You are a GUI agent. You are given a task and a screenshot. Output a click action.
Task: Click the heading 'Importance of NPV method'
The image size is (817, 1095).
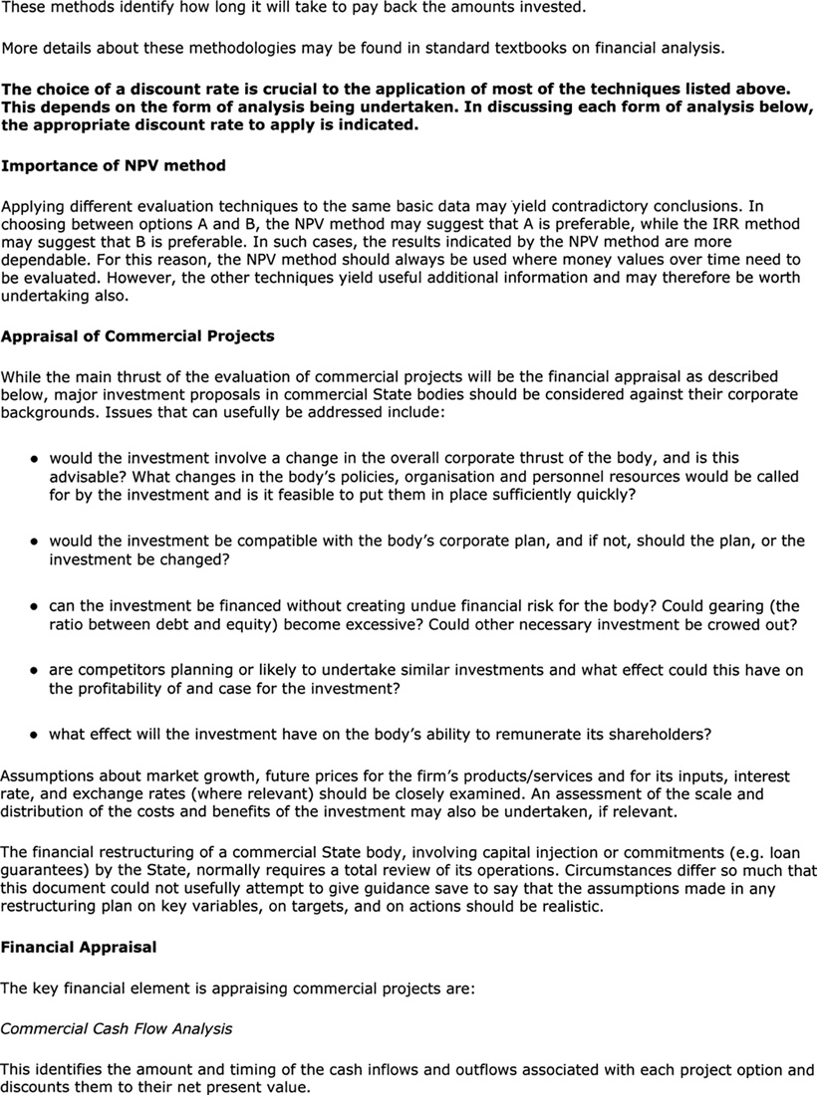pos(113,165)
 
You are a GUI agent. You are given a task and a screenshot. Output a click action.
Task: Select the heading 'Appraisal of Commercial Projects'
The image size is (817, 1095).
pos(137,335)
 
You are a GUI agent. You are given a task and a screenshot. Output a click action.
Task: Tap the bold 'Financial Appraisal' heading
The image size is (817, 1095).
pos(79,947)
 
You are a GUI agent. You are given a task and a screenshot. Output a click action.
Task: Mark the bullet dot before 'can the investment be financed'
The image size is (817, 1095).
pos(34,605)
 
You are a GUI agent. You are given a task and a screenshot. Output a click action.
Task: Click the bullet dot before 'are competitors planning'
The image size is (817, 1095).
pos(34,671)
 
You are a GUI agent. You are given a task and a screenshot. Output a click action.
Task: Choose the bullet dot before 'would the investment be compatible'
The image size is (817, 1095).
pos(34,541)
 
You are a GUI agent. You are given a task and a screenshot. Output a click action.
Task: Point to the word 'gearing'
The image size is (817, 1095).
pos(738,605)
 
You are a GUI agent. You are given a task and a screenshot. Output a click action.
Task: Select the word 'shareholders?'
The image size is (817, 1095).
pos(657,735)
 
